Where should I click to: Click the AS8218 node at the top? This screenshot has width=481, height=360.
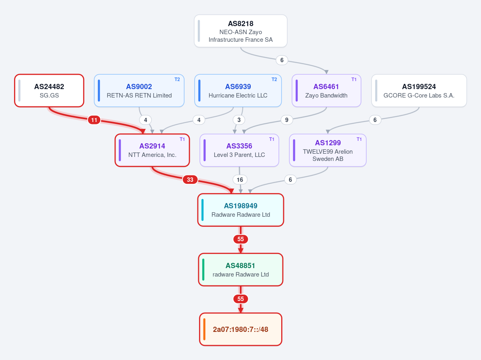241,31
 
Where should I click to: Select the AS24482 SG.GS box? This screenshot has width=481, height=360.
49,91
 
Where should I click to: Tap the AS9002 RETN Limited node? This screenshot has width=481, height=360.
139,91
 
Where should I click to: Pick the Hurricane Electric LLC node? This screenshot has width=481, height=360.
238,91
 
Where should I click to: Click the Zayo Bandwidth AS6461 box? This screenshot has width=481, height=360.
327,91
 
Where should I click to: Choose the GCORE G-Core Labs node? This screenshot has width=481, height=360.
419,91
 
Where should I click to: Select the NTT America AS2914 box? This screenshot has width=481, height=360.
152,150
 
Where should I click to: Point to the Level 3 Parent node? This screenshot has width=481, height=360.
239,150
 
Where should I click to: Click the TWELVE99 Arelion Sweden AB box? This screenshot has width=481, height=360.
328,150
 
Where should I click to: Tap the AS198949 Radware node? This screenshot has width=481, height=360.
241,210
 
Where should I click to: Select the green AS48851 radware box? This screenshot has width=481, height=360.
241,270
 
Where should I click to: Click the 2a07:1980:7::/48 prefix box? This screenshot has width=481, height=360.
241,329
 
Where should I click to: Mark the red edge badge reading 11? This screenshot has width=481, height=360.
94,120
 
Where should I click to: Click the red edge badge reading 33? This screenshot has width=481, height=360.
190,179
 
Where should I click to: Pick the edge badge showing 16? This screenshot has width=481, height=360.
240,179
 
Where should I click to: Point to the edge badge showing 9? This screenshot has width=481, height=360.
286,120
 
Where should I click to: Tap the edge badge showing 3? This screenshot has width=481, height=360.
239,120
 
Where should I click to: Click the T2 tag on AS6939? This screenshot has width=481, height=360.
274,79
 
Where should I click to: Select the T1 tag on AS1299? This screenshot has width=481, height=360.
359,139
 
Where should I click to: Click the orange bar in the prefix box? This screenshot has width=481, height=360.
204,329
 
